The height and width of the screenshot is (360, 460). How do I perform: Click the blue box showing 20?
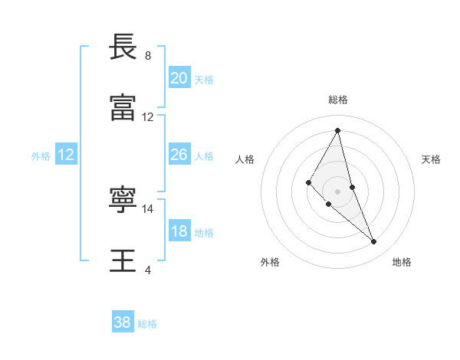click(179, 78)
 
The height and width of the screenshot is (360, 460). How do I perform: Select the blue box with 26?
click(179, 155)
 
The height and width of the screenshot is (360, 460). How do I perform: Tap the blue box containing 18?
click(179, 231)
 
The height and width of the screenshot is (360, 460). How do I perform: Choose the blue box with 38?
click(123, 322)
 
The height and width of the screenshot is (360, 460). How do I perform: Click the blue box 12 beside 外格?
click(66, 155)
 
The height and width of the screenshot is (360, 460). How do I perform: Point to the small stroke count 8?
click(148, 56)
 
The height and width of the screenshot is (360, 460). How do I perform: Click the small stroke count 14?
click(148, 208)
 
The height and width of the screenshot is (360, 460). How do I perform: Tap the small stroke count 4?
click(148, 270)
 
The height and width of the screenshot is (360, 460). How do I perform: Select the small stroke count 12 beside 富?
click(148, 117)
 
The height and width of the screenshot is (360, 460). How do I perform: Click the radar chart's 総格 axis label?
click(338, 100)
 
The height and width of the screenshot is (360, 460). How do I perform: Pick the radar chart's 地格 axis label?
click(402, 262)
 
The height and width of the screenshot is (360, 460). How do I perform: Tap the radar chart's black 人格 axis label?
click(245, 159)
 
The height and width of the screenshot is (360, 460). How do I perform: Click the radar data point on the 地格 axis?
click(374, 242)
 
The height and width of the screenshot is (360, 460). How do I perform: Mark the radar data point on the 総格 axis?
click(338, 130)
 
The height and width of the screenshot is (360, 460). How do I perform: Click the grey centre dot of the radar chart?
click(338, 191)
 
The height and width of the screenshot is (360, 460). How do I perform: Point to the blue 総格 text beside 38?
click(147, 324)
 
